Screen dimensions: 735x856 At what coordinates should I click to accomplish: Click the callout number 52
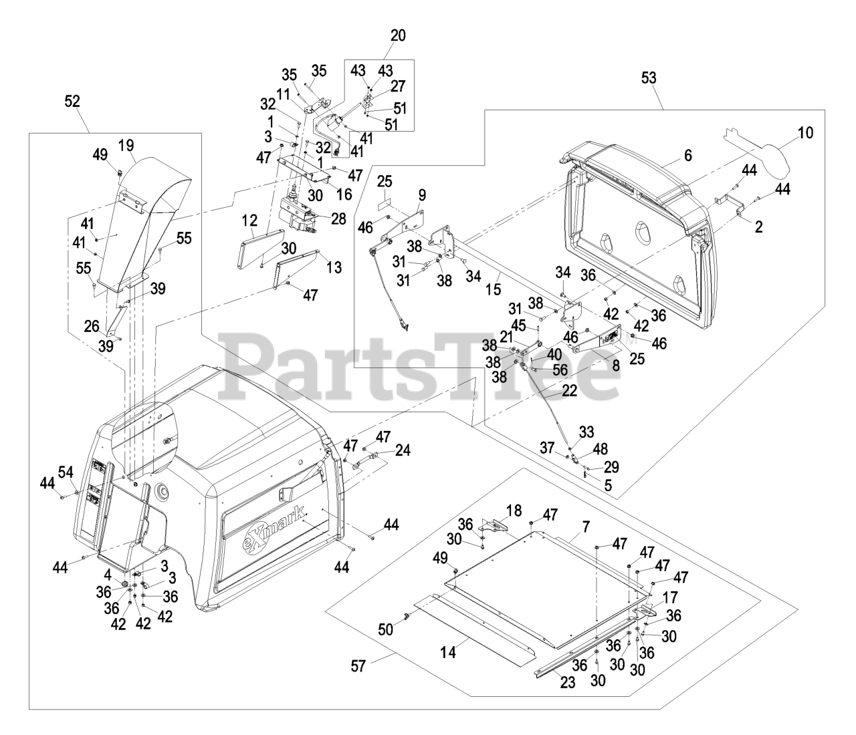[72, 101]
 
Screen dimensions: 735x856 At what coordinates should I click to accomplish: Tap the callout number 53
[648, 78]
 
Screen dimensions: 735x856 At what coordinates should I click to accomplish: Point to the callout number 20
[397, 35]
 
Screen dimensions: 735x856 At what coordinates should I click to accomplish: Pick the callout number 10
[805, 132]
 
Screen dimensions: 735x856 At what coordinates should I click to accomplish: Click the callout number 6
[687, 156]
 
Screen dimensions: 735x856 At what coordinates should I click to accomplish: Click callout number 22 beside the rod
[568, 392]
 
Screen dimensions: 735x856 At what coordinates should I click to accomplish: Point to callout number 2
[758, 227]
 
